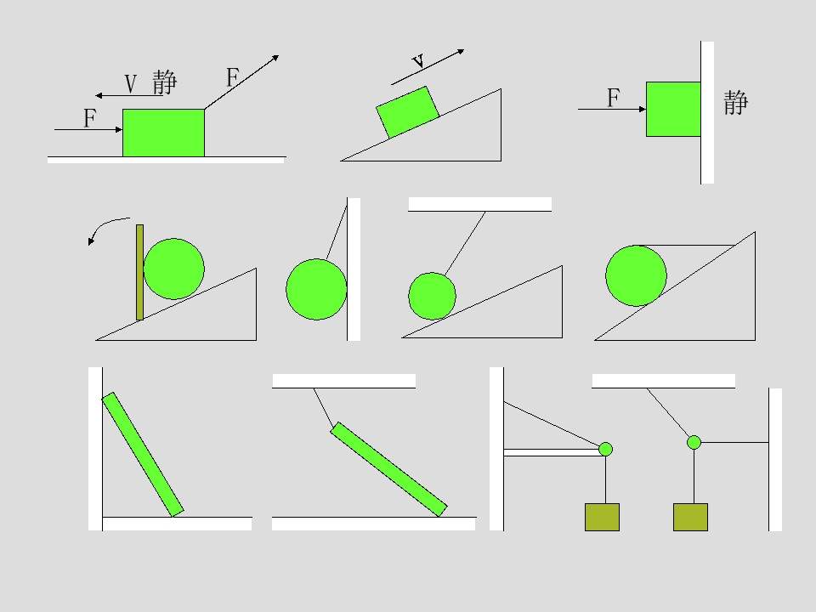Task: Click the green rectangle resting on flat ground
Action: click(x=163, y=133)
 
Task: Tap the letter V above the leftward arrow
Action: click(x=131, y=84)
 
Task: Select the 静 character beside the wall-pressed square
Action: click(x=736, y=103)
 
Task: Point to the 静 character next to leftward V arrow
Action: click(x=165, y=82)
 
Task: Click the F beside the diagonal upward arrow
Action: click(x=233, y=77)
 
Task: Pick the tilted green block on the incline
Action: click(x=408, y=112)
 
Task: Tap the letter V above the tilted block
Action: click(x=419, y=61)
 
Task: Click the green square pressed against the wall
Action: click(x=673, y=110)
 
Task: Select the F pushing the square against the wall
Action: click(x=614, y=98)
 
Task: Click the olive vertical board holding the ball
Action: click(x=139, y=272)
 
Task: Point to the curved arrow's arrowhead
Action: click(x=91, y=241)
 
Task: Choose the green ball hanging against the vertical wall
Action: click(x=316, y=289)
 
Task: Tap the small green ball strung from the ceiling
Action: click(x=432, y=296)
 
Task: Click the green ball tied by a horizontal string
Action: click(x=636, y=275)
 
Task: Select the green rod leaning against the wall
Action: click(x=143, y=455)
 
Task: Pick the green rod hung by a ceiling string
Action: click(x=388, y=469)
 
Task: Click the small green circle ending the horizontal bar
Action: click(x=605, y=449)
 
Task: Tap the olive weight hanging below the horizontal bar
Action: click(x=602, y=518)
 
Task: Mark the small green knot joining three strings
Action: click(x=694, y=442)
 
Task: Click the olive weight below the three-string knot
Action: click(x=690, y=518)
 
